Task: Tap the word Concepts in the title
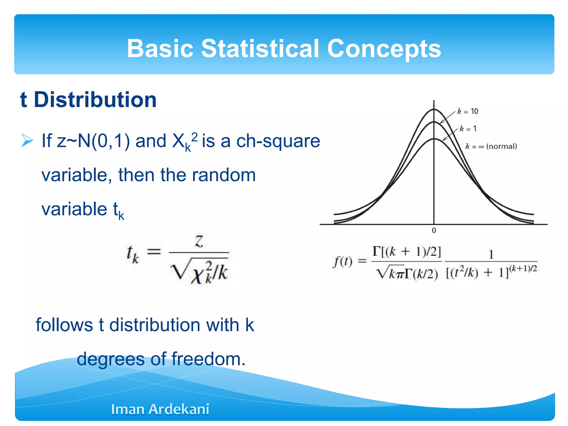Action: [x=384, y=49]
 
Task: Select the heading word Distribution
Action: [x=95, y=100]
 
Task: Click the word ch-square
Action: [x=278, y=141]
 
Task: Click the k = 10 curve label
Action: [x=468, y=111]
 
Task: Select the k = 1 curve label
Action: [x=468, y=128]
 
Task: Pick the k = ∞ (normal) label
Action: [x=491, y=146]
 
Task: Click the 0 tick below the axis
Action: [x=434, y=230]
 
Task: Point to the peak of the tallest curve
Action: [x=434, y=109]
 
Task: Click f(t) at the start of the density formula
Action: [x=342, y=261]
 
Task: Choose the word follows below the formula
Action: [x=64, y=325]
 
